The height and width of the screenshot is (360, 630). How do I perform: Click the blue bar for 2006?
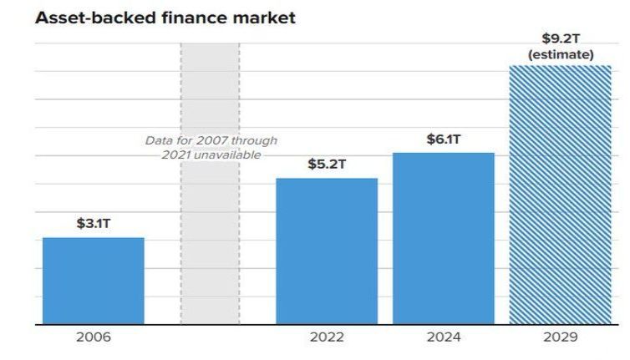93,281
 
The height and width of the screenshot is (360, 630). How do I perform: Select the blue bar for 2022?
327,251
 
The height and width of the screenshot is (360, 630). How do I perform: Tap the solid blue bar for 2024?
443,238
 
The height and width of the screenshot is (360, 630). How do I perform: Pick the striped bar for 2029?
560,194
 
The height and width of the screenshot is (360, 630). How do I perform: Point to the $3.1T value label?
94,224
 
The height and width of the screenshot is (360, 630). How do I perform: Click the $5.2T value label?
327,164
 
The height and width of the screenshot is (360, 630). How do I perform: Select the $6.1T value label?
443,139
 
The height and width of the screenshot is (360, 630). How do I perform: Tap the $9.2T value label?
561,38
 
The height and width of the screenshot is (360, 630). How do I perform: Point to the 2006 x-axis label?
93,338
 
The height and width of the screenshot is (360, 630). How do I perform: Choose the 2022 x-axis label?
327,338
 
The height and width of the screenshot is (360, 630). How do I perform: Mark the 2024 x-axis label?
443,338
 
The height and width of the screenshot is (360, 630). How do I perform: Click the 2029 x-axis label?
560,338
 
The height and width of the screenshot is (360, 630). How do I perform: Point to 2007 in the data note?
205,140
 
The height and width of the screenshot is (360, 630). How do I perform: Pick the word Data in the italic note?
159,140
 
